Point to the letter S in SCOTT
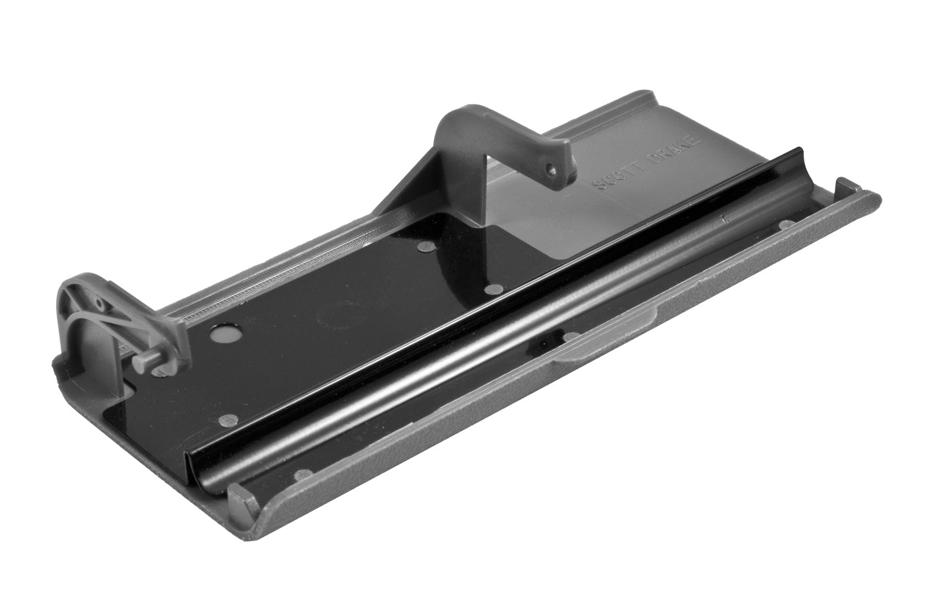(598, 185)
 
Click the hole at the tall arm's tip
(550, 168)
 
